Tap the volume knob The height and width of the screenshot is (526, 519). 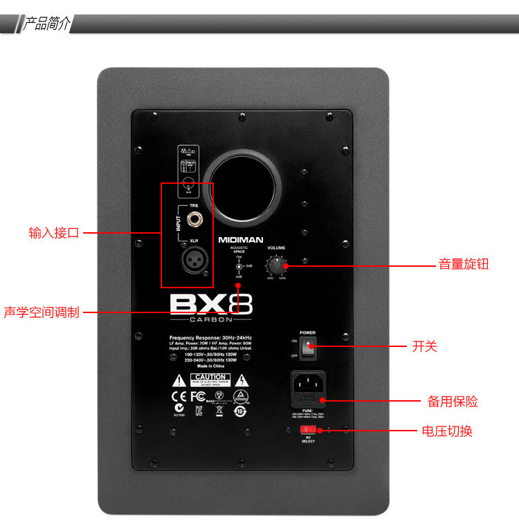[x=277, y=266]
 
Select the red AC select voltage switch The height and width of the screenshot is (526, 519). [x=307, y=430]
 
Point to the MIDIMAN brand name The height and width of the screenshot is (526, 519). [x=241, y=240]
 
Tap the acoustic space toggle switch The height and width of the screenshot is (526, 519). [x=239, y=266]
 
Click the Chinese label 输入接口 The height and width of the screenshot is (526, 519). [x=54, y=233]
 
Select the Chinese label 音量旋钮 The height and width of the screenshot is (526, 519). [x=463, y=264]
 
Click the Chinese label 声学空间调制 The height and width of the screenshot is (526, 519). [x=42, y=312]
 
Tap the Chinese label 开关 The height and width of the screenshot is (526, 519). [x=424, y=346]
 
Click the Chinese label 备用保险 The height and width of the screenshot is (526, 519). [x=452, y=402]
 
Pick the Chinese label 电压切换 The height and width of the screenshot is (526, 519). [x=447, y=431]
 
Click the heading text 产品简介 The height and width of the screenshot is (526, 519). [x=46, y=24]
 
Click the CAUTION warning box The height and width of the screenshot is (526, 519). [x=210, y=379]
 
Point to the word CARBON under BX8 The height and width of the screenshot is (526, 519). [x=210, y=320]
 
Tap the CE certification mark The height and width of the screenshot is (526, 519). [x=179, y=397]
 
